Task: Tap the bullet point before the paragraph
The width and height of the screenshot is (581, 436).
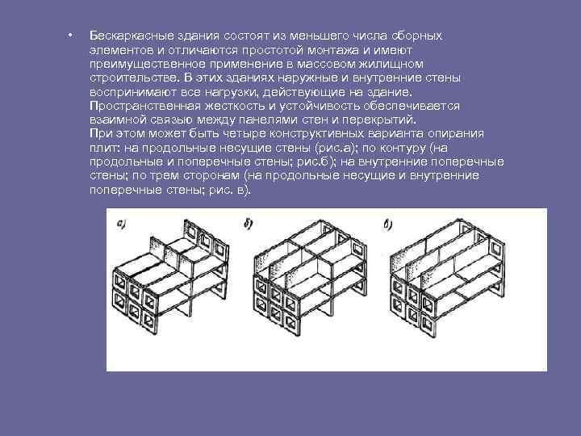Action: (69, 36)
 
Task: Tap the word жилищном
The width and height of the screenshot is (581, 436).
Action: (391, 64)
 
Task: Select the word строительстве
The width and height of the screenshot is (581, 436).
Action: (135, 78)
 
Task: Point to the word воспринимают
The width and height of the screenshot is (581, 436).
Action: (133, 92)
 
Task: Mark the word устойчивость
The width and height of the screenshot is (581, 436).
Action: (320, 106)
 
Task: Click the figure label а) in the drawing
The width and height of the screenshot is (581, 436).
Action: (122, 224)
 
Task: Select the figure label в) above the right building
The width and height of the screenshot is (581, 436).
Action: (388, 224)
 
